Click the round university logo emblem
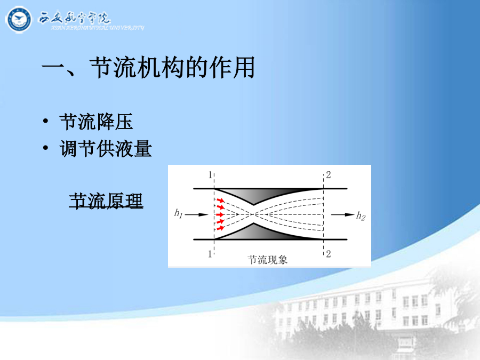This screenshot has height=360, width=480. coord(19,20)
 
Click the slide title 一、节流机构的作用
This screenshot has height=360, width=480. coord(148,67)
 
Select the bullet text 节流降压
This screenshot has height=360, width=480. coord(96,122)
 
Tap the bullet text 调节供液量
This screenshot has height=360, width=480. coord(106,149)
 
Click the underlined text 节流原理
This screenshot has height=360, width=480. coord(106,201)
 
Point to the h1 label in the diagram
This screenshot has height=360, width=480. coord(178,213)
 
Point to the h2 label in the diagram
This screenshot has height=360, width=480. coord(361,216)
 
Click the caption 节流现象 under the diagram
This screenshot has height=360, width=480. coord(268,260)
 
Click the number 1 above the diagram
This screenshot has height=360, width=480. coord(210,175)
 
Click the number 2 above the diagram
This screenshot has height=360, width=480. coord(329,175)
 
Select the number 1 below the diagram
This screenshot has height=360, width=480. coord(210,254)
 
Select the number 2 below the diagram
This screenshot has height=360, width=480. coord(329,254)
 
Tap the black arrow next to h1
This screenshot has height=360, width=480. coord(196,214)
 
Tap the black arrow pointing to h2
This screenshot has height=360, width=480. coord(343,214)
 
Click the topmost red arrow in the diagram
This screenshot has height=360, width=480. coord(220,201)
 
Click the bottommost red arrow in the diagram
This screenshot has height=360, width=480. coord(220,228)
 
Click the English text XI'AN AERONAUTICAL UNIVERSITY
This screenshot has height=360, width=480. coord(98,28)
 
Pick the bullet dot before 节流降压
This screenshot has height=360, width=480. coord(46,121)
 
